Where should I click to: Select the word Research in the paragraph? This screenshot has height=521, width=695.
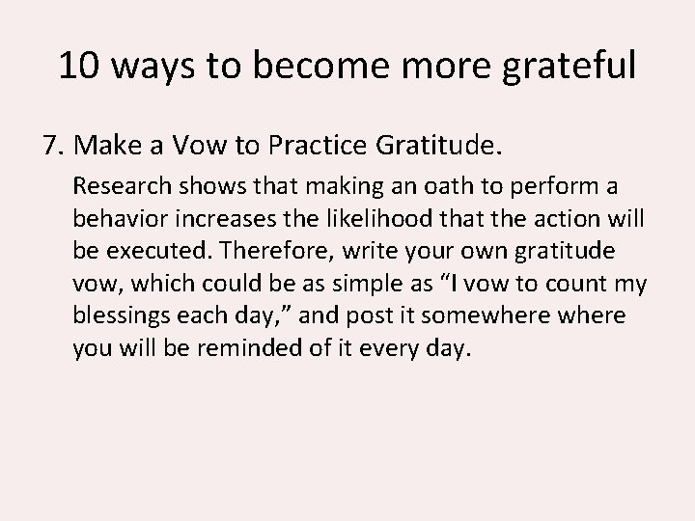tap(121, 184)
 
